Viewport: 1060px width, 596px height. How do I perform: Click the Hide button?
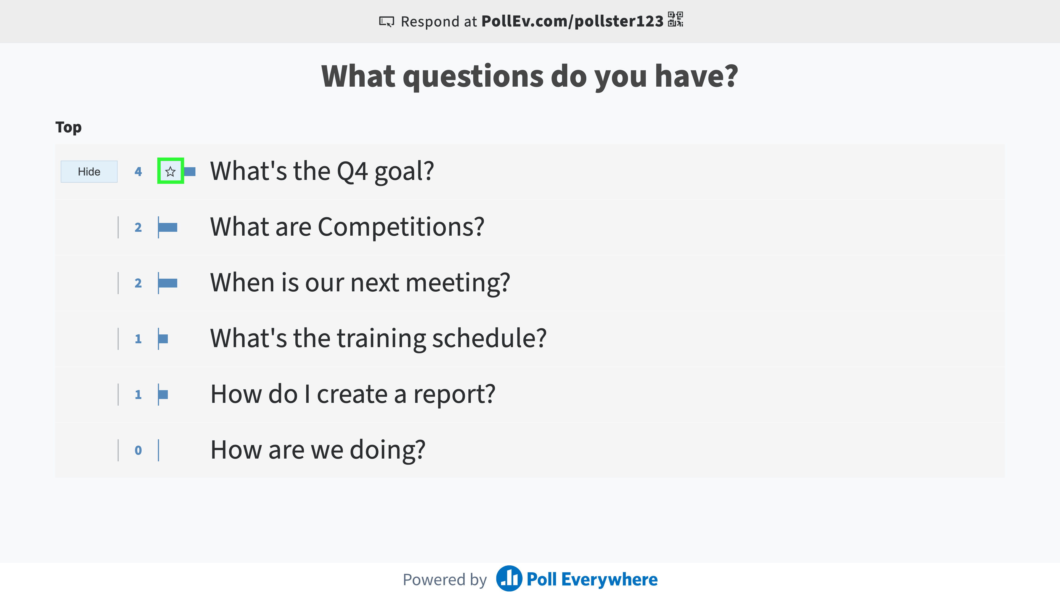pos(89,172)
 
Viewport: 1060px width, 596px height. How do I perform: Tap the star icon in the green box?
pos(170,172)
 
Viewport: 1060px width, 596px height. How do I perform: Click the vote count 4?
pos(138,172)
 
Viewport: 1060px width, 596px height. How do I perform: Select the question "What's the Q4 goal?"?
pos(322,171)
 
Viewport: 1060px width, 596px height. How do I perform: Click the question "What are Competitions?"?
pos(347,227)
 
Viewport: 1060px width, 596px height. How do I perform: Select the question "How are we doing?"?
pos(318,450)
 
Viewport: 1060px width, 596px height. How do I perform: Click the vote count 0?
pos(138,450)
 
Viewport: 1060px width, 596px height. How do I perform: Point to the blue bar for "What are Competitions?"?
pos(168,227)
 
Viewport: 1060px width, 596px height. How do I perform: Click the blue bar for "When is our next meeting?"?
pos(168,283)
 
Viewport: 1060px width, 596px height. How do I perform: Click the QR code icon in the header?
pos(675,19)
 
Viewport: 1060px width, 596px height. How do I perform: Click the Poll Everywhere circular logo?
pos(509,578)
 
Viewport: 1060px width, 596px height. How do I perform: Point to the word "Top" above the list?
pos(68,127)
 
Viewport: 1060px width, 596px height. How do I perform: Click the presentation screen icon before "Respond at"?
pos(386,22)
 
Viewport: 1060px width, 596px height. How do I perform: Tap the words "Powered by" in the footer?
pos(445,579)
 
